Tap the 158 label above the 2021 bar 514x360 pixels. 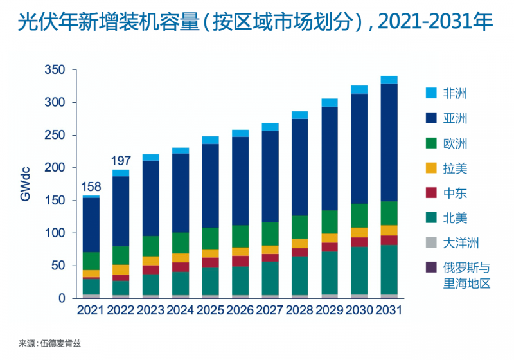tap(91, 188)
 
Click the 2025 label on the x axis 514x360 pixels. tap(210, 310)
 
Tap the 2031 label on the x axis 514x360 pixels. tap(388, 310)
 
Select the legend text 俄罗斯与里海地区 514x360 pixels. tap(466, 275)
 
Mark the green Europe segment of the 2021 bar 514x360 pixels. tap(91, 260)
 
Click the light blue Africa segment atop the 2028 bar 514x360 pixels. tap(300, 115)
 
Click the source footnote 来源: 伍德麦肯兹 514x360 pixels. tap(50, 344)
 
